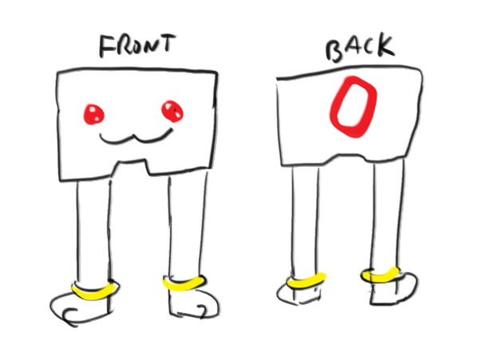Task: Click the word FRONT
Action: [x=137, y=45]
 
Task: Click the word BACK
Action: [x=360, y=49]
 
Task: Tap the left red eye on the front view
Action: [x=94, y=114]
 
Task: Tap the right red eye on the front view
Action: [x=172, y=111]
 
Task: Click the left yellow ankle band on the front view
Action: [x=94, y=292]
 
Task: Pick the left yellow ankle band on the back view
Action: [x=306, y=281]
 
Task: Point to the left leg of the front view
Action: [x=93, y=231]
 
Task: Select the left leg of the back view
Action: [x=306, y=221]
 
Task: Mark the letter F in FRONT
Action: [x=107, y=47]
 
